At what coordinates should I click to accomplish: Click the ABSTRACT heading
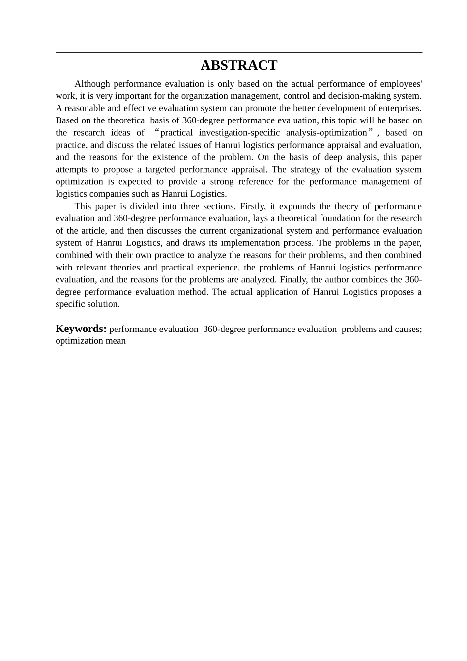(x=239, y=66)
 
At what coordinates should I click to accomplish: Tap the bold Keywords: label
(x=81, y=329)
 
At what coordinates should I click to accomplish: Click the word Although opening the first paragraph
(x=92, y=84)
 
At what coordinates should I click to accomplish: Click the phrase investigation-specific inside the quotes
(x=239, y=133)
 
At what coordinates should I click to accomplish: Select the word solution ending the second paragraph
(x=105, y=304)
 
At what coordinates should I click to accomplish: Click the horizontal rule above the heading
(x=239, y=53)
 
